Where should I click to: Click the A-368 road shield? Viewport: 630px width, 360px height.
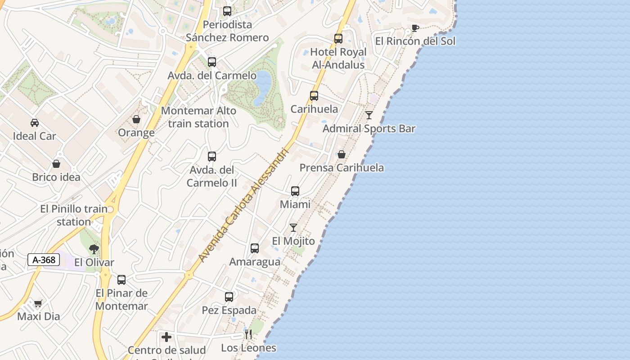point(44,260)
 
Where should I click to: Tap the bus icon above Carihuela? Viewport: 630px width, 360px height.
point(314,96)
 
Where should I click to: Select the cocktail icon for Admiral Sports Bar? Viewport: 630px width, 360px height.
point(369,115)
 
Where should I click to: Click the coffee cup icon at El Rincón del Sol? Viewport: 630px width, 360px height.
point(415,28)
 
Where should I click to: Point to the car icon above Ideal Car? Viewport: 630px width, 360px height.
point(35,123)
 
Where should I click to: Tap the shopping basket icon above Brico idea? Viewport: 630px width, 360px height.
point(56,164)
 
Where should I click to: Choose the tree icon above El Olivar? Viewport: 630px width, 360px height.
point(94,249)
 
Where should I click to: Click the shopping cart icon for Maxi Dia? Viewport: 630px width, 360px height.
point(38,303)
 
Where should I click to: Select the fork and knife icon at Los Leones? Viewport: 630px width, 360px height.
point(248,334)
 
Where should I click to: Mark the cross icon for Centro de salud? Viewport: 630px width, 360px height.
point(166,337)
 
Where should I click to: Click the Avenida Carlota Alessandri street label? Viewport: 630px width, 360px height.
point(243,205)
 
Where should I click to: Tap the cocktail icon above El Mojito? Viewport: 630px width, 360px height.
point(293,228)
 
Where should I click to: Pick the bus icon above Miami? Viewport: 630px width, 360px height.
point(295,191)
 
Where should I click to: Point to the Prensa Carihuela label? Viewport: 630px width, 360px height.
point(342,168)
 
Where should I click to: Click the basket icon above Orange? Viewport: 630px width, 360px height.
point(136,119)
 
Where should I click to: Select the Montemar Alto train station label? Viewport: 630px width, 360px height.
point(198,117)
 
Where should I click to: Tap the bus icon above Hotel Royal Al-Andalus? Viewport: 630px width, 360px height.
point(338,39)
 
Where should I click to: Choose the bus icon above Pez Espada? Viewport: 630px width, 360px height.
point(229,297)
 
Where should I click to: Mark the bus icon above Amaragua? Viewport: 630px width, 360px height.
point(255,248)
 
